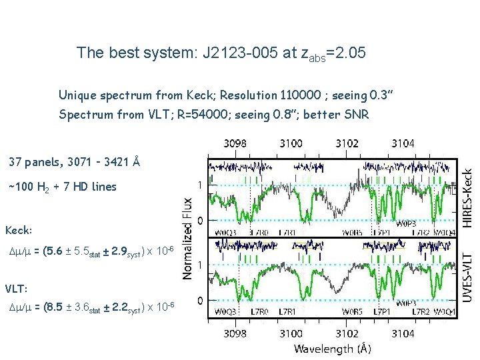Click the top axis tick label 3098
(x=234, y=143)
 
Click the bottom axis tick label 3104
(x=402, y=333)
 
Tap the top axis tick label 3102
(x=347, y=143)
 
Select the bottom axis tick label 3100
(x=291, y=333)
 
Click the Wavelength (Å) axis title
(x=333, y=348)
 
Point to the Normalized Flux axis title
(x=189, y=237)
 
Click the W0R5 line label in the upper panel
(x=352, y=231)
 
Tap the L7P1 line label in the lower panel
(x=382, y=312)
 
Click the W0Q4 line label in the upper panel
(x=444, y=231)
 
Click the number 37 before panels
(x=14, y=161)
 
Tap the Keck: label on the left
(x=19, y=231)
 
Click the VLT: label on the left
(x=17, y=289)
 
